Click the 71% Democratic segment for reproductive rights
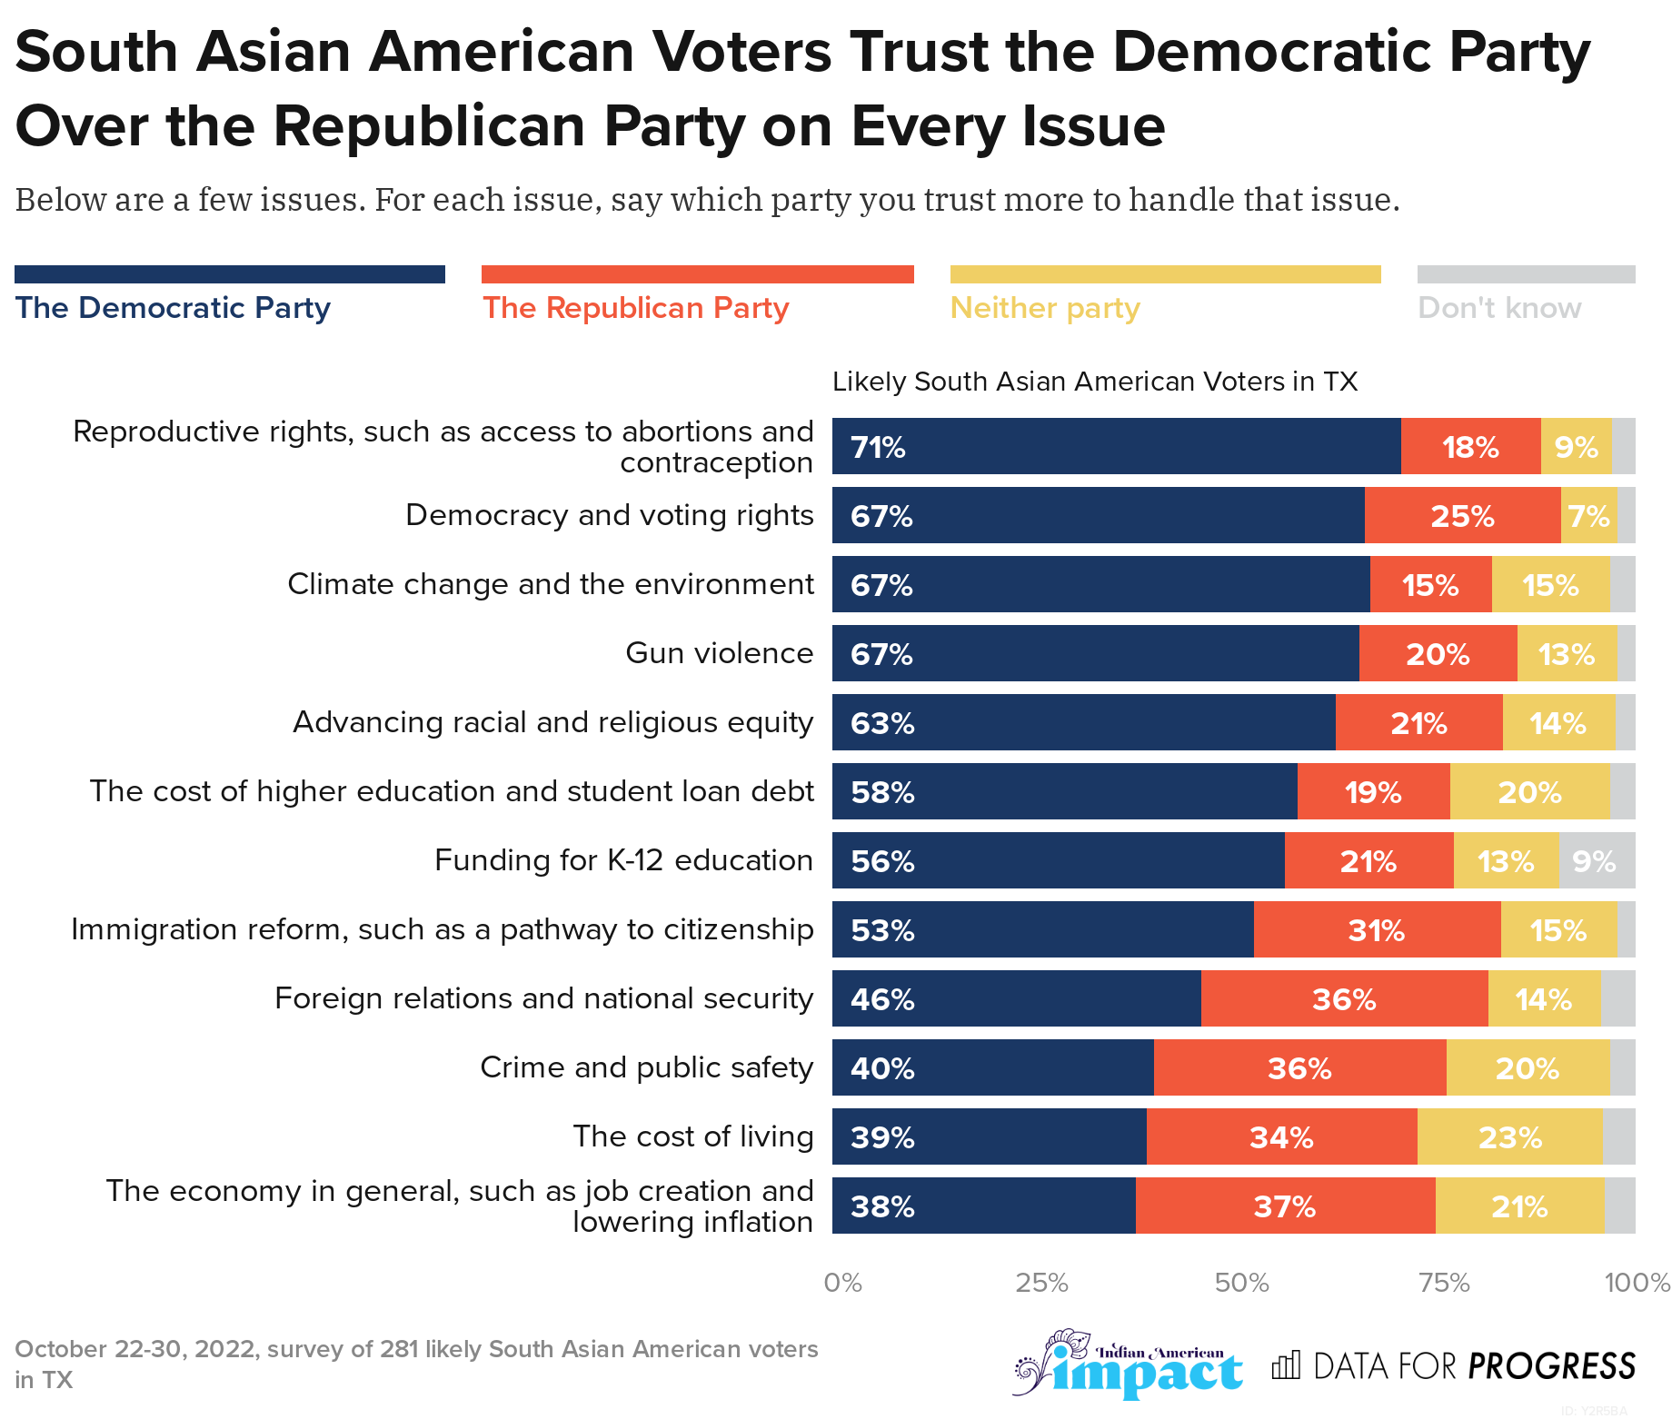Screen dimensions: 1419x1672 [x=1116, y=446]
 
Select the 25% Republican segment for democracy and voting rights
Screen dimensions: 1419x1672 [x=1462, y=515]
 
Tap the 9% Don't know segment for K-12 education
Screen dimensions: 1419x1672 [x=1596, y=860]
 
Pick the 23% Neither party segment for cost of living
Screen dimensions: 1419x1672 [x=1509, y=1136]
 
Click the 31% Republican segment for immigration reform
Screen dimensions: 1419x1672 [x=1377, y=929]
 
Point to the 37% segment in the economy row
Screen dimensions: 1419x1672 [x=1285, y=1206]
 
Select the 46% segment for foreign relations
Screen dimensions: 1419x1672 [x=1016, y=998]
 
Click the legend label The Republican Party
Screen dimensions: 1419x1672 [x=635, y=308]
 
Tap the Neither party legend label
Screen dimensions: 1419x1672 [x=1044, y=308]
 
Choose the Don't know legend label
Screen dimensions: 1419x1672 [x=1499, y=308]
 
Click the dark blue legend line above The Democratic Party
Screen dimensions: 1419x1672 [x=230, y=274]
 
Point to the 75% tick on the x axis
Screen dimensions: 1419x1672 [x=1444, y=1283]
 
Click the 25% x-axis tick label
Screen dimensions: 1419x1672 [x=1041, y=1283]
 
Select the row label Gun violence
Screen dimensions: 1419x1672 [x=719, y=653]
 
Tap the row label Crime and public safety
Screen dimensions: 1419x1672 [x=646, y=1067]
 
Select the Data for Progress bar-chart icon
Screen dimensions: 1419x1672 [x=1286, y=1364]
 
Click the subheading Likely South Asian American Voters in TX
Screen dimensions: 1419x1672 [x=1094, y=382]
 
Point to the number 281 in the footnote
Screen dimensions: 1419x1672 [x=399, y=1349]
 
